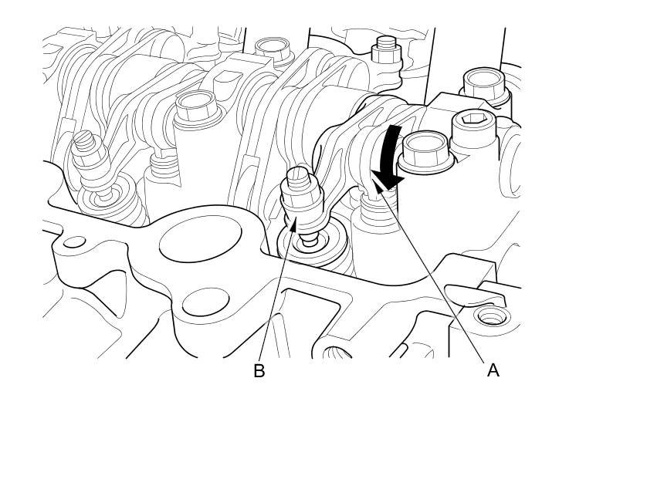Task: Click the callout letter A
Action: tap(493, 370)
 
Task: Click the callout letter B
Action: tap(259, 371)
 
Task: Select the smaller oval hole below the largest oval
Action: tap(203, 302)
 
